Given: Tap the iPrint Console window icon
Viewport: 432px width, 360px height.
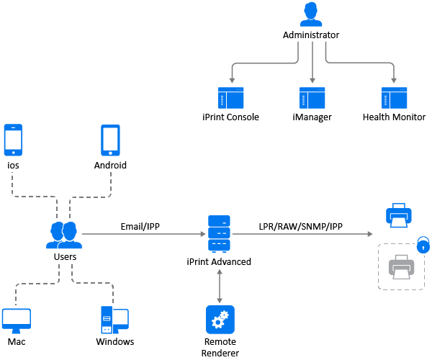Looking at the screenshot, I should click(x=231, y=98).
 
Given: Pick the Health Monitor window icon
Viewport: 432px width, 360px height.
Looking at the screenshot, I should click(x=394, y=98).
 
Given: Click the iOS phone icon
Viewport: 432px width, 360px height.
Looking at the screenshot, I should click(x=13, y=140).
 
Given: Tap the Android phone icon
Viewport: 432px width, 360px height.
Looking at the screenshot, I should click(x=110, y=140).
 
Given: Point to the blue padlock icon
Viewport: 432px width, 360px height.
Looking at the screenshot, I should click(x=424, y=245).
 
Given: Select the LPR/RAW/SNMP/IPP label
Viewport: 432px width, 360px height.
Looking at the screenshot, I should click(x=301, y=227).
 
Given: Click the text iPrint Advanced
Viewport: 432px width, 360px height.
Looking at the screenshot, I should click(x=219, y=261).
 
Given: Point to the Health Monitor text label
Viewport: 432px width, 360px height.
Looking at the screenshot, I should click(x=394, y=117).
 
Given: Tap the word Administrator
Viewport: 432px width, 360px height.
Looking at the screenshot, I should click(x=311, y=35).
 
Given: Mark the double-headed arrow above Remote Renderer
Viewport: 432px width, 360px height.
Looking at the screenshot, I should click(x=219, y=286).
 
